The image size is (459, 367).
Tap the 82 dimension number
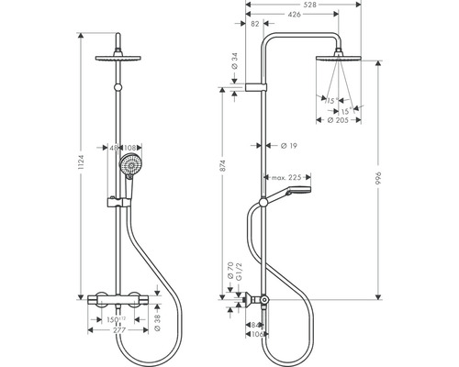252,26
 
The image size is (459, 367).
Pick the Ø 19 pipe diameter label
286,145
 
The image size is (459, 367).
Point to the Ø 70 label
229,272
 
